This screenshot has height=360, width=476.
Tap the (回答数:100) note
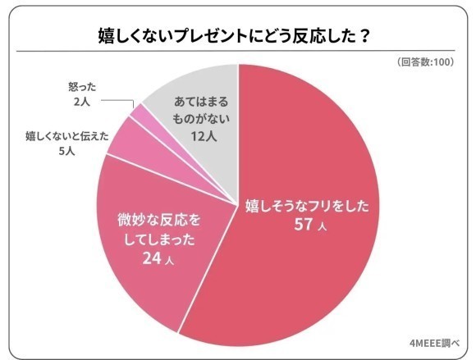[428, 63]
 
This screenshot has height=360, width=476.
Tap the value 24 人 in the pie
[160, 260]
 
